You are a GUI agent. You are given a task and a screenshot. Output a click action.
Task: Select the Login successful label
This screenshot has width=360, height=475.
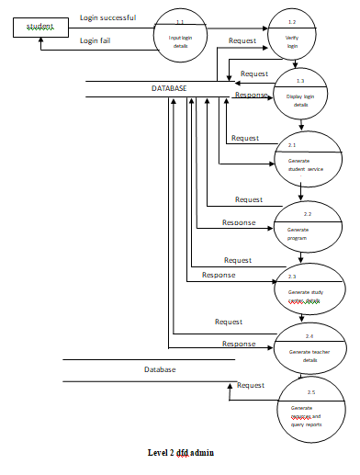pos(108,17)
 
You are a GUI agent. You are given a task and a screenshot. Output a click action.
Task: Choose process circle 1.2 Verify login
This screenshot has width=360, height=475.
pos(292,35)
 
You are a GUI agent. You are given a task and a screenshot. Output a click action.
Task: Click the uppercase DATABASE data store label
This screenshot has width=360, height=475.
pos(169,88)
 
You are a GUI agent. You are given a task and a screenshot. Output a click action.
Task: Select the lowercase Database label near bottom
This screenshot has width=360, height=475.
pos(160,369)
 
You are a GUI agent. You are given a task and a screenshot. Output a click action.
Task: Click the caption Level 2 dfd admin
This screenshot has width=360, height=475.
pos(181,453)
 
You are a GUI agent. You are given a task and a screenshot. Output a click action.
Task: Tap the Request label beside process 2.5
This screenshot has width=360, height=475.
pos(252,386)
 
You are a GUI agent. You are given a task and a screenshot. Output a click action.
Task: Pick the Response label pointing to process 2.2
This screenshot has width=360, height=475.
pos(239,222)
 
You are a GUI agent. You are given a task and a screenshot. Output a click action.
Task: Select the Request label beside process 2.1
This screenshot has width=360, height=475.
pos(244,139)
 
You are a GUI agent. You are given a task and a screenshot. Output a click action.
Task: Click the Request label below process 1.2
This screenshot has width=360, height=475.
pos(254,74)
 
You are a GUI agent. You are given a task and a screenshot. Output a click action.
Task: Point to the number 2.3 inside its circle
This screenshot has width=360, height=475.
pos(291,277)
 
